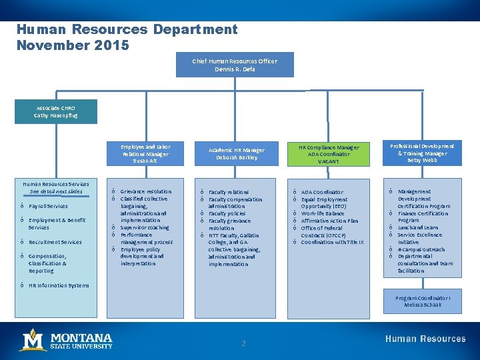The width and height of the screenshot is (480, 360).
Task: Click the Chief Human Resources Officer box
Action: pos(235,65)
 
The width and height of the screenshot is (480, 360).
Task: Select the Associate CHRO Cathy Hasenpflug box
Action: pos(56,111)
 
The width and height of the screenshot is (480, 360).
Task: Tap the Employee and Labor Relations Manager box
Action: pos(145,153)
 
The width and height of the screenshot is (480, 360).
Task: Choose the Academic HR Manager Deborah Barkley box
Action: pos(235,154)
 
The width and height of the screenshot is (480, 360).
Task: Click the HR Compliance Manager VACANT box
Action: pos(329,154)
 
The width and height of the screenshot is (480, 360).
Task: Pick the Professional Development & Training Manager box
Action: pos(421,153)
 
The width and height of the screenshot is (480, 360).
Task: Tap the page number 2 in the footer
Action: pos(243,343)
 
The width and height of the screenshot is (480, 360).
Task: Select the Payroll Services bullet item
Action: pos(48,207)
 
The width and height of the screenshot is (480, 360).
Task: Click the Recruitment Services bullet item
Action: pos(55,242)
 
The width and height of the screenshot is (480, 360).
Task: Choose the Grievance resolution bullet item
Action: pos(145,192)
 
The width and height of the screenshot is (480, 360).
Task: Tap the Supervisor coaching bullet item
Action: pos(145,228)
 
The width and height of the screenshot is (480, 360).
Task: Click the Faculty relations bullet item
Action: pos(229,192)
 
